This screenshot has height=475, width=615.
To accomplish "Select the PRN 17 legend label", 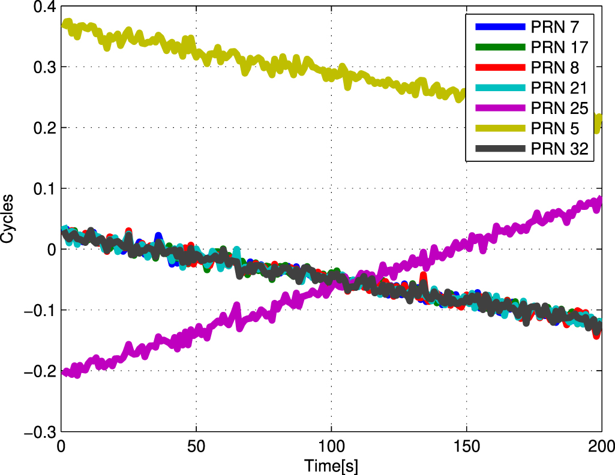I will tap(557, 47).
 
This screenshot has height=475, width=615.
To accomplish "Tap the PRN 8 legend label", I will tap(554, 68).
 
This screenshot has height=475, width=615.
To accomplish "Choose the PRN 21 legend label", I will tap(557, 88).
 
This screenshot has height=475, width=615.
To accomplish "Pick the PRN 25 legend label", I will tap(557, 109).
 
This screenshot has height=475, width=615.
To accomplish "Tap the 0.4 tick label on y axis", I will tap(40, 7).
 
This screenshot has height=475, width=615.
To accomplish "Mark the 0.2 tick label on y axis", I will tap(40, 128).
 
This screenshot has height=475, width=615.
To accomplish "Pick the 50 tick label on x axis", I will tap(196, 446).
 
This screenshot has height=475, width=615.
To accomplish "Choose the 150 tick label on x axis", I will tap(467, 446).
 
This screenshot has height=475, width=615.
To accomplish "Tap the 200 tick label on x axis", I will tap(601, 446).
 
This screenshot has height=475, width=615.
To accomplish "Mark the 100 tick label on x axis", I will tap(331, 446).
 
